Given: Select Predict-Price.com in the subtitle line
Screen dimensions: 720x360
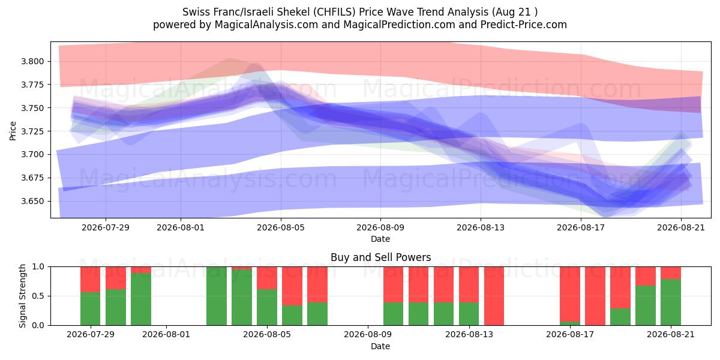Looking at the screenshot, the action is coord(524,25).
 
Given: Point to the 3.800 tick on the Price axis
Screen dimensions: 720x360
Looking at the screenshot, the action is coord(33,61).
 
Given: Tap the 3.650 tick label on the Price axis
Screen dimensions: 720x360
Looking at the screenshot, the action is coord(33,201).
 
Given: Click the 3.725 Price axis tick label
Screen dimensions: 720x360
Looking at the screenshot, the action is coord(33,131).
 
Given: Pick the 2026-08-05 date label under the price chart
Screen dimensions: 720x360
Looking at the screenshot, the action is coord(281,227).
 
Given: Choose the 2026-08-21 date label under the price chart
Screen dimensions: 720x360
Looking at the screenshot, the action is coord(681,227).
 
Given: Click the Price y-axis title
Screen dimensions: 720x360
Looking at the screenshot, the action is coord(13,131).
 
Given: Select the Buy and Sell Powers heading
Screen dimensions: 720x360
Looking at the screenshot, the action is coord(380,257).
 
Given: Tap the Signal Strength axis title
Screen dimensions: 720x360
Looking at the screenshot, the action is coord(22,296).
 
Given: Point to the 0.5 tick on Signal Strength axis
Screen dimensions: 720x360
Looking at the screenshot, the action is coord(38,296).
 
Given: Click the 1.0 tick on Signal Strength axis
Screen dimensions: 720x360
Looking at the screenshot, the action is coord(38,266).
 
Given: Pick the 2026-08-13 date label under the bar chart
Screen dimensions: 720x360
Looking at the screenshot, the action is coord(469,334).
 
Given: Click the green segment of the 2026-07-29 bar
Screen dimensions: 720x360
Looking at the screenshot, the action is coord(91,308).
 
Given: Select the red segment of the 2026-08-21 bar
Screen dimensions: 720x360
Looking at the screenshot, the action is coord(671,272).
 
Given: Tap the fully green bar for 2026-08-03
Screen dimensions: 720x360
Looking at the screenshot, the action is coord(217,296).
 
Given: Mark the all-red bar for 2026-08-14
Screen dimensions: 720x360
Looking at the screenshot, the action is coord(494,296).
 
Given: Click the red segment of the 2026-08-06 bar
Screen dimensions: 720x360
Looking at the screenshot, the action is coord(292,286).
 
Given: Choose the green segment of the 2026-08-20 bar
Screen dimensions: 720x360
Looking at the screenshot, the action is coord(646,305).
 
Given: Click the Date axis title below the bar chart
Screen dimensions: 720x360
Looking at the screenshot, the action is coord(380,346).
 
